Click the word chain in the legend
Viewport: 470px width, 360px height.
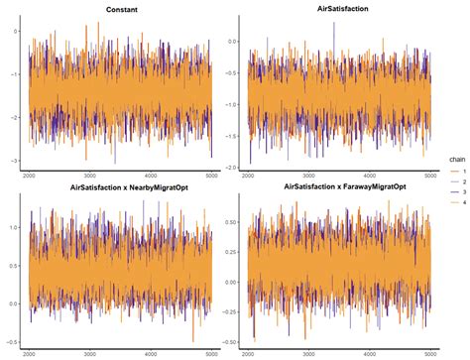coord(452,157)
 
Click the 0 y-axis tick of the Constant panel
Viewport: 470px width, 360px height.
coord(18,31)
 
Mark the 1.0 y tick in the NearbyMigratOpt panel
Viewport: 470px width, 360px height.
coord(16,227)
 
